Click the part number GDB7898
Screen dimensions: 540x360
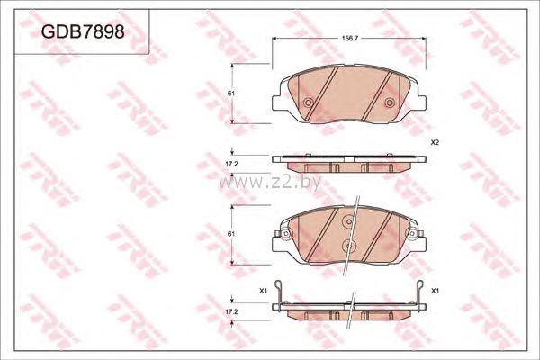83,31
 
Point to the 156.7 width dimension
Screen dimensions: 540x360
350,39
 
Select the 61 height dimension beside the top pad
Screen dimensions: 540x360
230,94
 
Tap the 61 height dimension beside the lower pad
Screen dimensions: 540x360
230,234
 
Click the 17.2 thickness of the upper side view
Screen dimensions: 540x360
231,165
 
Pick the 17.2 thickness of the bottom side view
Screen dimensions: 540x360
231,311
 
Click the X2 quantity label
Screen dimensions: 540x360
435,142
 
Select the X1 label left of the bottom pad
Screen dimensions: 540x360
263,291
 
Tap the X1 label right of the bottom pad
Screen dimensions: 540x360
435,291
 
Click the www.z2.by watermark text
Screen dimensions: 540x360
270,182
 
